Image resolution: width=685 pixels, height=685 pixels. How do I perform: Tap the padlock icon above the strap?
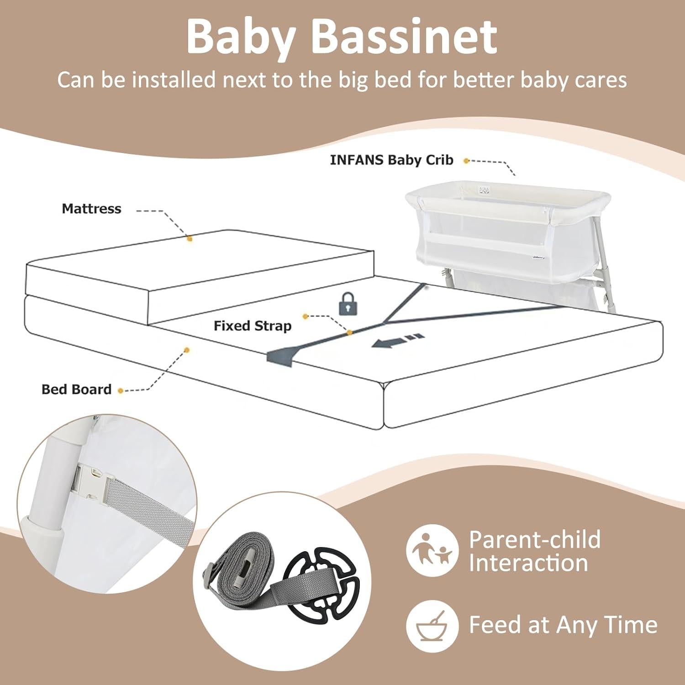pos(348,304)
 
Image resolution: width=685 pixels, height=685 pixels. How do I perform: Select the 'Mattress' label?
pos(91,209)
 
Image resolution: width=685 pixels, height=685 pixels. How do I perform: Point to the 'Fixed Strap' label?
pos(253,326)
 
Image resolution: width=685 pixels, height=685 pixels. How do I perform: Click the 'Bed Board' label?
pos(76,389)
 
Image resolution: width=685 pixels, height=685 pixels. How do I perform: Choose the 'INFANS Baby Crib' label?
pos(391,160)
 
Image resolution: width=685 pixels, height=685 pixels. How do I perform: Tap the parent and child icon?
pos(432,550)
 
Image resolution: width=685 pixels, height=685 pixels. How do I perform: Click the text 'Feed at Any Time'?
pos(563,625)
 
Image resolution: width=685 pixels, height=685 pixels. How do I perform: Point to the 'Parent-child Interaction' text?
pos(534,551)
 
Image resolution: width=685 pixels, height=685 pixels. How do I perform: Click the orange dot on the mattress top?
pos(190,238)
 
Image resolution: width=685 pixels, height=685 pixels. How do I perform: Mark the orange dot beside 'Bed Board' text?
pos(121,391)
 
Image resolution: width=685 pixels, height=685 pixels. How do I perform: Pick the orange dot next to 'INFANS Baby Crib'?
pos(466,161)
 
